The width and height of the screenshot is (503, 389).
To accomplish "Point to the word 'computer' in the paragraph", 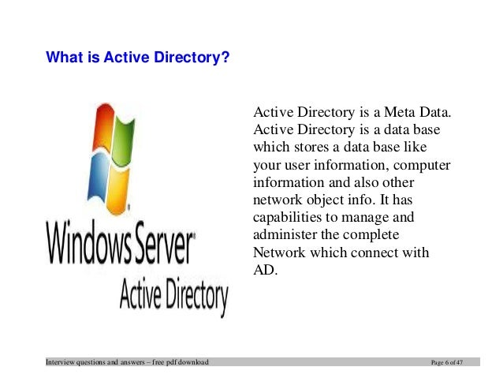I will (x=423, y=164).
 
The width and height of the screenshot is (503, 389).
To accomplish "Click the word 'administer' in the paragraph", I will (x=285, y=235).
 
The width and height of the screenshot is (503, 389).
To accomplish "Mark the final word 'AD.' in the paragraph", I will (x=266, y=270).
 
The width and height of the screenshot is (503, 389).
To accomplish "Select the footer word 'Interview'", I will (x=61, y=361).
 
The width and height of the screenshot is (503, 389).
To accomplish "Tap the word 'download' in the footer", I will (x=192, y=361).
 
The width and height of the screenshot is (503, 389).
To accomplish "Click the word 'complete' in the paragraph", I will (x=373, y=235).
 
